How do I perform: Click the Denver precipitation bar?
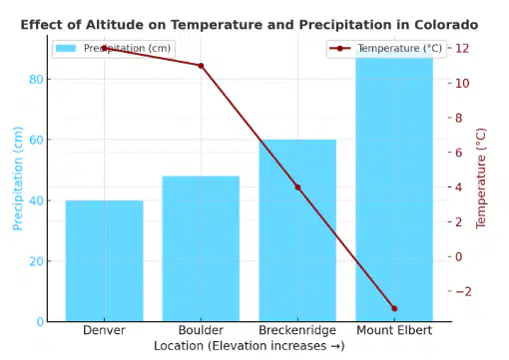pyautogui.click(x=105, y=261)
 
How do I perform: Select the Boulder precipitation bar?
pyautogui.click(x=201, y=248)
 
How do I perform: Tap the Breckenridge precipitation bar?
pyautogui.click(x=297, y=230)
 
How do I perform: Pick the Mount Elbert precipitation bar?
pyautogui.click(x=394, y=185)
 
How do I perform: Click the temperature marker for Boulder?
pyautogui.click(x=201, y=66)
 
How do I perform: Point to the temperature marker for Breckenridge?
pyautogui.click(x=297, y=187)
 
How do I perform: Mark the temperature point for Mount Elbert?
pyautogui.click(x=394, y=309)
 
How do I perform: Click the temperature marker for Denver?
pyautogui.click(x=105, y=48)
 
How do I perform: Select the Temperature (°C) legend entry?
pyautogui.click(x=386, y=49)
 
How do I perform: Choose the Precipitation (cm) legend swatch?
pyautogui.click(x=66, y=48)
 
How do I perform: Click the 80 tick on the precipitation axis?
pyautogui.click(x=36, y=80)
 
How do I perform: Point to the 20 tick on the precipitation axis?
pyautogui.click(x=36, y=261)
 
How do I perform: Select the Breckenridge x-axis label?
pyautogui.click(x=297, y=330)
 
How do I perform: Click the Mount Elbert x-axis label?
pyautogui.click(x=394, y=330)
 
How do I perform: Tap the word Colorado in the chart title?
pyautogui.click(x=446, y=25)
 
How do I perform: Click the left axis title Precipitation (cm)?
pyautogui.click(x=18, y=179)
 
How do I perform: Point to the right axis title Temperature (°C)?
pyautogui.click(x=481, y=179)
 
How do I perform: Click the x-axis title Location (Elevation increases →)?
pyautogui.click(x=250, y=346)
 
